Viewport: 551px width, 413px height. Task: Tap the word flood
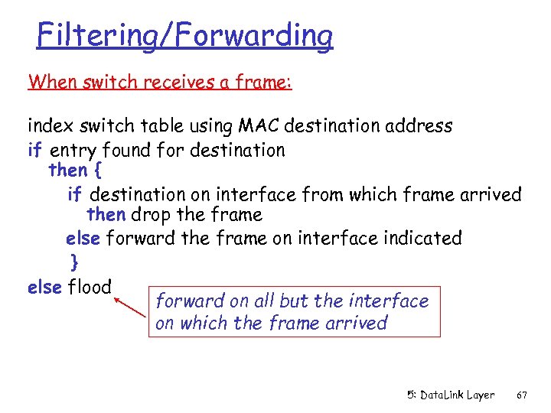click(90, 288)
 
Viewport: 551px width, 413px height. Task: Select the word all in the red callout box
click(259, 301)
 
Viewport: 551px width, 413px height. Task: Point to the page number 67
click(522, 395)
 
